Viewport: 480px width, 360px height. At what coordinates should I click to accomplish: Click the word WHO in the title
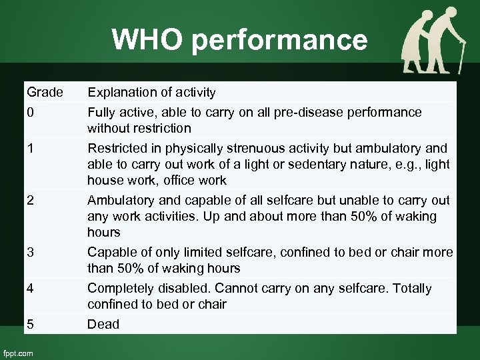tap(147, 40)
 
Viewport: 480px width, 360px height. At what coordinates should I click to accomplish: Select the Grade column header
tap(45, 91)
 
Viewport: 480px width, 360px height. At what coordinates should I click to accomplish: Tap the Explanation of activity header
tap(152, 91)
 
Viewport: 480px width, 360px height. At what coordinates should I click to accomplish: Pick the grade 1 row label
tap(30, 148)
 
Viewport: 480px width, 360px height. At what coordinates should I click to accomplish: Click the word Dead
tap(103, 324)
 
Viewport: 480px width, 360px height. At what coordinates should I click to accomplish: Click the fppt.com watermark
tap(18, 353)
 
